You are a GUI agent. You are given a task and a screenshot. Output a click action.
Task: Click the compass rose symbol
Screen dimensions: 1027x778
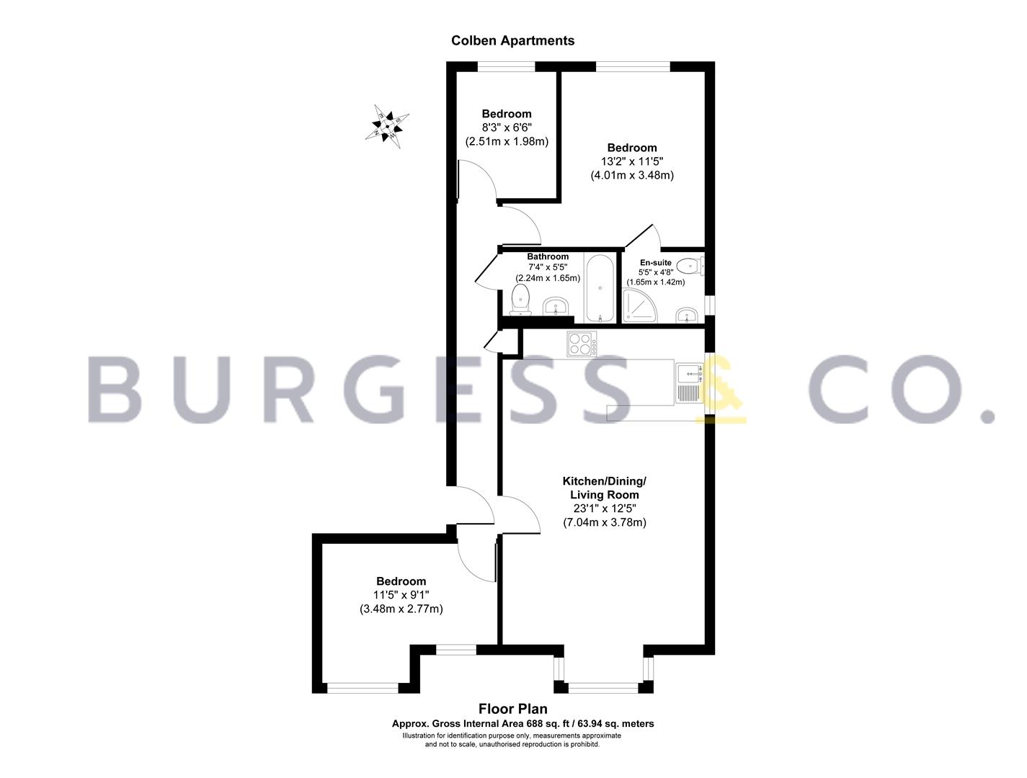[387, 126]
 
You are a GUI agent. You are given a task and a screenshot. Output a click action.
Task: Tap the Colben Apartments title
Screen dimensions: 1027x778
[512, 40]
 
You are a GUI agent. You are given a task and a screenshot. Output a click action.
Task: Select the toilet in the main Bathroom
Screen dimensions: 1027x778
[520, 300]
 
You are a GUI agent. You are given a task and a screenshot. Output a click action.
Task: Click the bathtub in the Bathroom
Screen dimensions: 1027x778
[600, 287]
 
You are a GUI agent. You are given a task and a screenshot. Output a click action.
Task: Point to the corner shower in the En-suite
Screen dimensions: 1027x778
[640, 305]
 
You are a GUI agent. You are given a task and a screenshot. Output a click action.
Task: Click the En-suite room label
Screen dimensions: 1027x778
[656, 263]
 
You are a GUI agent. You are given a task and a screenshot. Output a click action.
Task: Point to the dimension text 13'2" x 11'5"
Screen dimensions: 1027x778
[631, 162]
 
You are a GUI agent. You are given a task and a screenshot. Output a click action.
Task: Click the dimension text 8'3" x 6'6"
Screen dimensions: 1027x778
[507, 128]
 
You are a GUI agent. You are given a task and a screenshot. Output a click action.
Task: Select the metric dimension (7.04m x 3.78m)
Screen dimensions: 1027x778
[604, 522]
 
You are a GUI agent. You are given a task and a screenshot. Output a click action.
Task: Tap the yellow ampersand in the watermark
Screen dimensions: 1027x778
[721, 389]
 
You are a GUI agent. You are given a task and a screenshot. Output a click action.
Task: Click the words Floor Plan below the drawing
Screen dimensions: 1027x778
[513, 710]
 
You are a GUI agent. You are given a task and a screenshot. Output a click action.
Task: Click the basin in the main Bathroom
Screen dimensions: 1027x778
[556, 307]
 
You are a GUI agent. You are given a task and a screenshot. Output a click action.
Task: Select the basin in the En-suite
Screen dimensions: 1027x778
[687, 315]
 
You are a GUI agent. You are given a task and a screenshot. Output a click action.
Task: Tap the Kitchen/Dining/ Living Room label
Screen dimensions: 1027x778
[604, 488]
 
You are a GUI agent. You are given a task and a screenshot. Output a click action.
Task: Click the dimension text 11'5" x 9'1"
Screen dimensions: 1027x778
[401, 595]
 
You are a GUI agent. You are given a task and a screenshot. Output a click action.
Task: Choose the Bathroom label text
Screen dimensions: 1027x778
[548, 256]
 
